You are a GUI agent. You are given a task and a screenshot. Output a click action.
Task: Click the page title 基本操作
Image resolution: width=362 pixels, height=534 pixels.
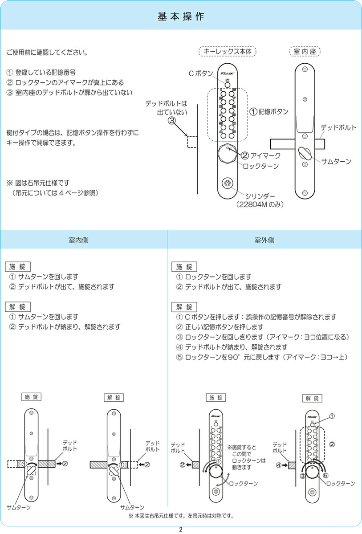(x=181, y=16)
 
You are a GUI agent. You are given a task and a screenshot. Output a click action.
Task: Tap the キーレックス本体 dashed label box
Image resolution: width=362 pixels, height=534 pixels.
(x=227, y=52)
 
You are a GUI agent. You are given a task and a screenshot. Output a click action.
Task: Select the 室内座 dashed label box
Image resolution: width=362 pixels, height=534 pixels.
(x=305, y=52)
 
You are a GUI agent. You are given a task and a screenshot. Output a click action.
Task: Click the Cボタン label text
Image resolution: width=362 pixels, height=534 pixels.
(x=204, y=73)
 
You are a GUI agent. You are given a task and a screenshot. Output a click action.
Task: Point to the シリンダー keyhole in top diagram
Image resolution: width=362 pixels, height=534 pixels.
(x=227, y=183)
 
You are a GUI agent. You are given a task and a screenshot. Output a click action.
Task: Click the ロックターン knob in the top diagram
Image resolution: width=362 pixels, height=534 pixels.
(x=227, y=155)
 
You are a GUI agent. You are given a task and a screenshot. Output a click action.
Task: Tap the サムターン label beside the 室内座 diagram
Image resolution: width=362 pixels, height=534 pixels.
(x=336, y=161)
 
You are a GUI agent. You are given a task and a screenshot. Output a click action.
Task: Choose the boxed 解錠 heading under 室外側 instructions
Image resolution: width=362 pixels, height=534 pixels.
(x=184, y=306)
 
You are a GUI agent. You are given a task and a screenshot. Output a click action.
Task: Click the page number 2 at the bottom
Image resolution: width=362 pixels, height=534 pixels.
(x=181, y=529)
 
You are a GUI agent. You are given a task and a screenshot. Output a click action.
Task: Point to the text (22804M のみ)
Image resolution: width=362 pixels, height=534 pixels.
(x=260, y=204)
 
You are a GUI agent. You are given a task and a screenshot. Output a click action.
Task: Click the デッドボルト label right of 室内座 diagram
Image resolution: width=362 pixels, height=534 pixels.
(x=339, y=127)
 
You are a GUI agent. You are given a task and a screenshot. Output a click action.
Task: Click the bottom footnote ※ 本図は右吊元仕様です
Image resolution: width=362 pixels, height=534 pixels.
(x=181, y=516)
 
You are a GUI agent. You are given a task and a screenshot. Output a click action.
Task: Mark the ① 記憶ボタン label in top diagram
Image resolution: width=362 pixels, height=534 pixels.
(x=268, y=112)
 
